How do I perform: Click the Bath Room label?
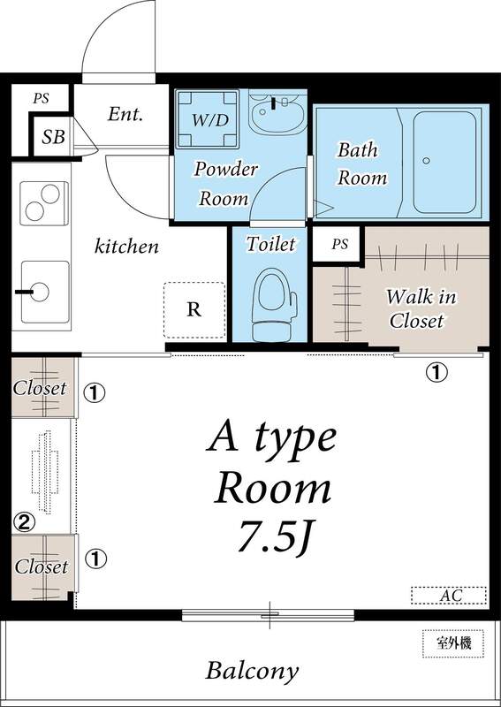(x=361, y=163)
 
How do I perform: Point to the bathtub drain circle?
(x=426, y=161)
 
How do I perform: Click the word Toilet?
(x=270, y=243)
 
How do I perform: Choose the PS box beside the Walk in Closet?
(x=339, y=245)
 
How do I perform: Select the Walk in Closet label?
(x=421, y=308)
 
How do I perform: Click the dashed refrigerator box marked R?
(x=194, y=309)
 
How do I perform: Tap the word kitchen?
(x=127, y=247)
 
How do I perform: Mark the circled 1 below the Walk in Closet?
(x=436, y=372)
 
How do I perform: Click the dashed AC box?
(x=450, y=596)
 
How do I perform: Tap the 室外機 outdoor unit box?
(x=452, y=642)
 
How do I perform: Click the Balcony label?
(x=252, y=670)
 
